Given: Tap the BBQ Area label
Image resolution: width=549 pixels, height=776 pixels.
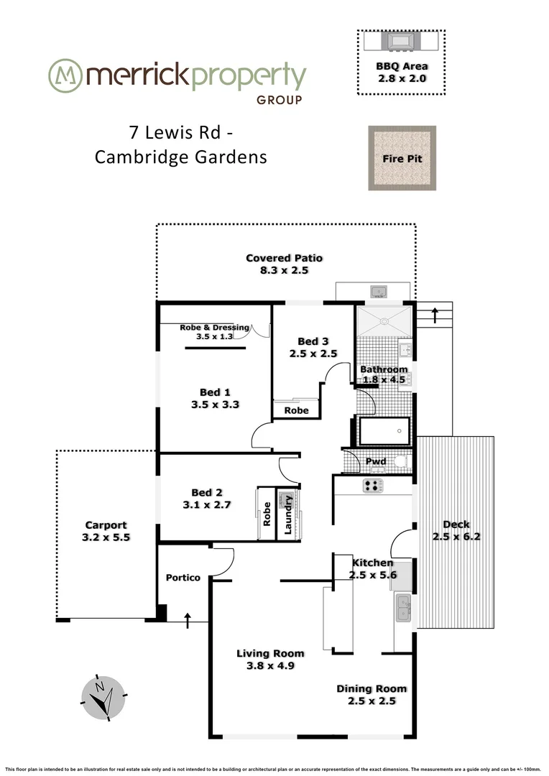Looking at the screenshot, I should tap(401, 66).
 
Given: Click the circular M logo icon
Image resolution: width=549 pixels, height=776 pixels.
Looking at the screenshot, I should tap(63, 75).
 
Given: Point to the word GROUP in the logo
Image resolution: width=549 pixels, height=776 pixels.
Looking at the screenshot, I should tap(279, 101).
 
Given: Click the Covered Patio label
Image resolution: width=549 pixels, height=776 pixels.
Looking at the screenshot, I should tap(284, 258).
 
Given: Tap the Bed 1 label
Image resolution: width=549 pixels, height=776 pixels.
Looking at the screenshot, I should tap(215, 392).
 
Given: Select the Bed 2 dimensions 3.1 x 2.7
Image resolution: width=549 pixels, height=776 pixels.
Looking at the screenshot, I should tap(206, 505).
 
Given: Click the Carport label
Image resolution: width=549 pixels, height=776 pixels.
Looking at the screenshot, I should tap(106, 525).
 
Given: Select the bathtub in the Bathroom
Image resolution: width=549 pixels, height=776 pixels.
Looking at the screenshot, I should tap(384, 431).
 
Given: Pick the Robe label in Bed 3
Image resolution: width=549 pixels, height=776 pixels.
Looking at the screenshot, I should tap(296, 410).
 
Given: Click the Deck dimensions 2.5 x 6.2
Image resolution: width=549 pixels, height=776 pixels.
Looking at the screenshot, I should tap(456, 536).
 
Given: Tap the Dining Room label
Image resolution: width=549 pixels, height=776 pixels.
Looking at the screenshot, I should tap(366, 688).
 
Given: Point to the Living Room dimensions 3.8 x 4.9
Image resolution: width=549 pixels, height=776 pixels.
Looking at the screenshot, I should tap(270, 665).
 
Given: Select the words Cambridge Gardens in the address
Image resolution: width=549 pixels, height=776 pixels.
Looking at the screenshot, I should tap(180, 157).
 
